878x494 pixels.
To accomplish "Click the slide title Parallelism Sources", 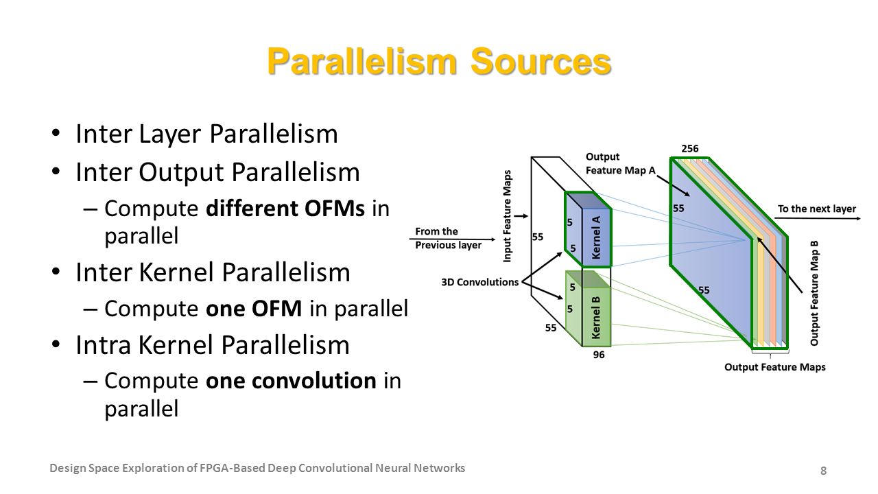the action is pos(439,61).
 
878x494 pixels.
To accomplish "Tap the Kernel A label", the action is pos(596,237).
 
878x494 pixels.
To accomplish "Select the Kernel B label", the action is pos(596,318).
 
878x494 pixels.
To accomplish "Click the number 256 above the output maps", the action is pos(689,149).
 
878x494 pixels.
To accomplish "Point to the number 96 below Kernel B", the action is pos(599,355).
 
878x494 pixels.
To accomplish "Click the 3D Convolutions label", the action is pos(479,282).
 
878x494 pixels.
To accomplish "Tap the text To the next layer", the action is pos(817,209).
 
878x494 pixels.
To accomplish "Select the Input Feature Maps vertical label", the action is pos(507,216).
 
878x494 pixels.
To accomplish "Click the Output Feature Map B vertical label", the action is pos(814,293).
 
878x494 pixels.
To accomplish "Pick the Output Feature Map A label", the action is pos(621,163).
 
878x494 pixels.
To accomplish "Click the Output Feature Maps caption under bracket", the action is pos(775,367).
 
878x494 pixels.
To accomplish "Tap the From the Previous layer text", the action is pos(448,238).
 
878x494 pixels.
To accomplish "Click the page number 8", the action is pos(824,471).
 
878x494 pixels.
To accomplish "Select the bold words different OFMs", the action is pos(285,208).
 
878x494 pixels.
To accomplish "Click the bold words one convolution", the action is pos(291,381).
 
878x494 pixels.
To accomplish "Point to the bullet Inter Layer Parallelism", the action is pos(206,134).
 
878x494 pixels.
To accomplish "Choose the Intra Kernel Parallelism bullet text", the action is pos(213,345).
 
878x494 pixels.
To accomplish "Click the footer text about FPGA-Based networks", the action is pos(257,468).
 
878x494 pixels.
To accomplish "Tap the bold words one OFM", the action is pos(254,309).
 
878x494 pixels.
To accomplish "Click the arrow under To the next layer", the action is pos(818,218).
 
